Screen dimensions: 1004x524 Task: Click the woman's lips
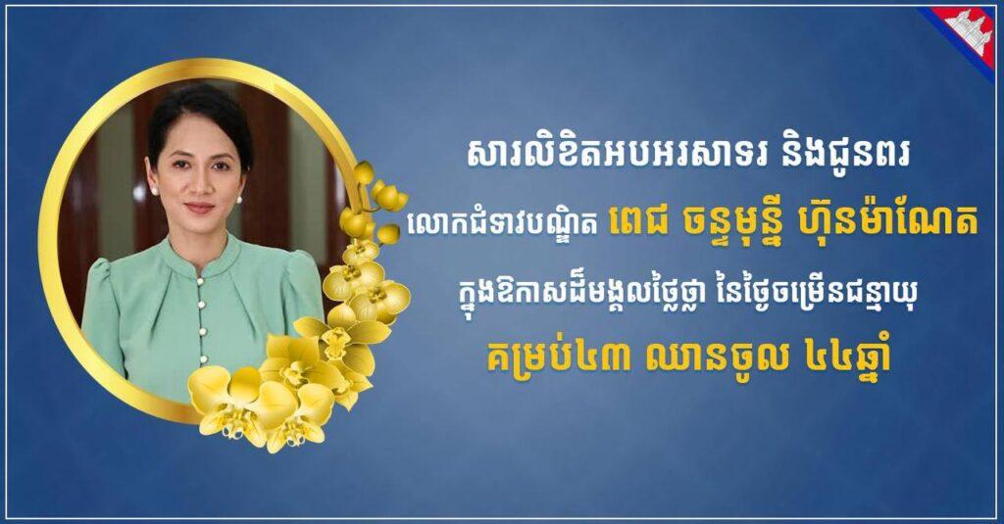199,208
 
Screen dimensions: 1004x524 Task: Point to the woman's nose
197,185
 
